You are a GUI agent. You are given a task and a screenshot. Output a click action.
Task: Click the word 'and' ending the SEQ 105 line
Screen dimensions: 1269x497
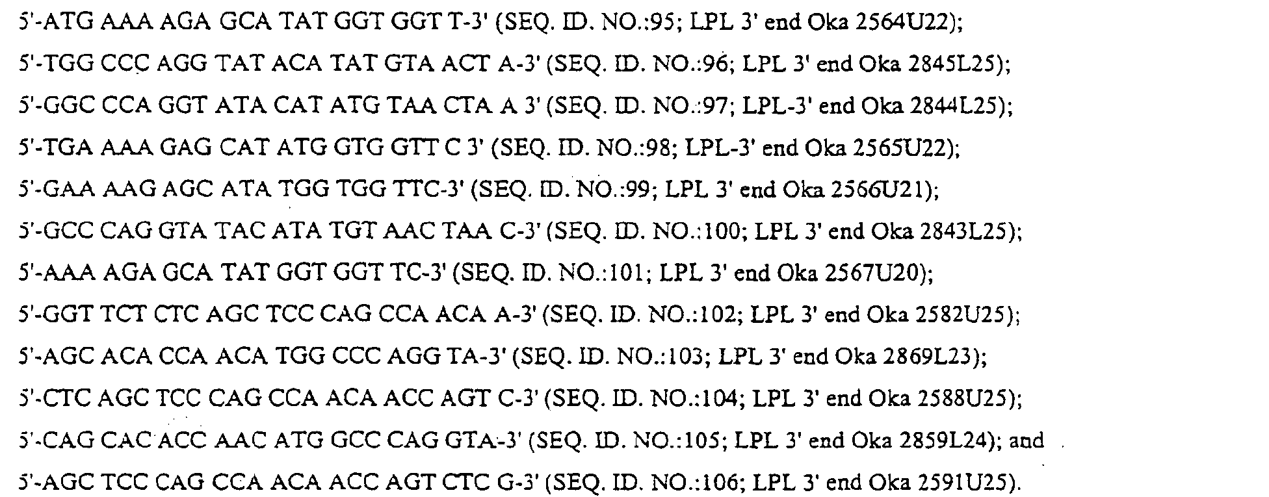1027,440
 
